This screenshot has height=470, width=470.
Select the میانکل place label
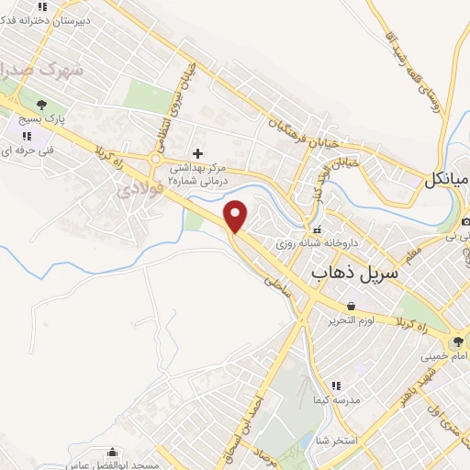click(x=446, y=180)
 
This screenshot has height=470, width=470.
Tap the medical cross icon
click(x=197, y=152)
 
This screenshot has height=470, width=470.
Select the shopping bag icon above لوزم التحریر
click(x=350, y=306)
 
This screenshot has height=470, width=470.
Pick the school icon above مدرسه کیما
click(x=336, y=386)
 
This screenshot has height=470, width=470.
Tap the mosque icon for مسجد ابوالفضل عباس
click(x=113, y=453)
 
